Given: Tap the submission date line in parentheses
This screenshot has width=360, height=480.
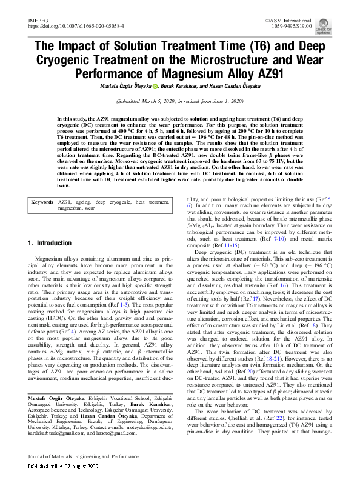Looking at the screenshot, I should coord(179,103).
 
